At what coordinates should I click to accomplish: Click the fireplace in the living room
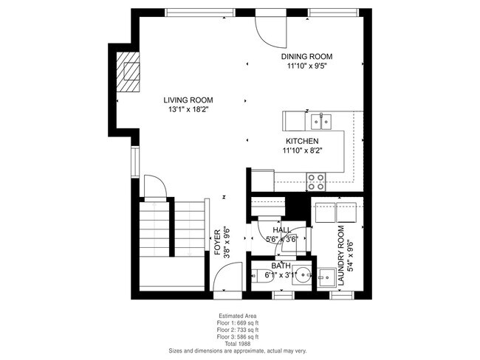(129, 72)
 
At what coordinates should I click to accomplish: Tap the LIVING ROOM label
(188, 100)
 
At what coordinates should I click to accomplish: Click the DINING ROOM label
(306, 56)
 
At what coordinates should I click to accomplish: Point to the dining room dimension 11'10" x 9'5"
(306, 66)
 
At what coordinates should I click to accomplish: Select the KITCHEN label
(302, 141)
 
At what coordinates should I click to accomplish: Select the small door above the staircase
(154, 186)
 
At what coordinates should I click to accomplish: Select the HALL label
(281, 230)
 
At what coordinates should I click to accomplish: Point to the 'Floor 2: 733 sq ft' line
(237, 330)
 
